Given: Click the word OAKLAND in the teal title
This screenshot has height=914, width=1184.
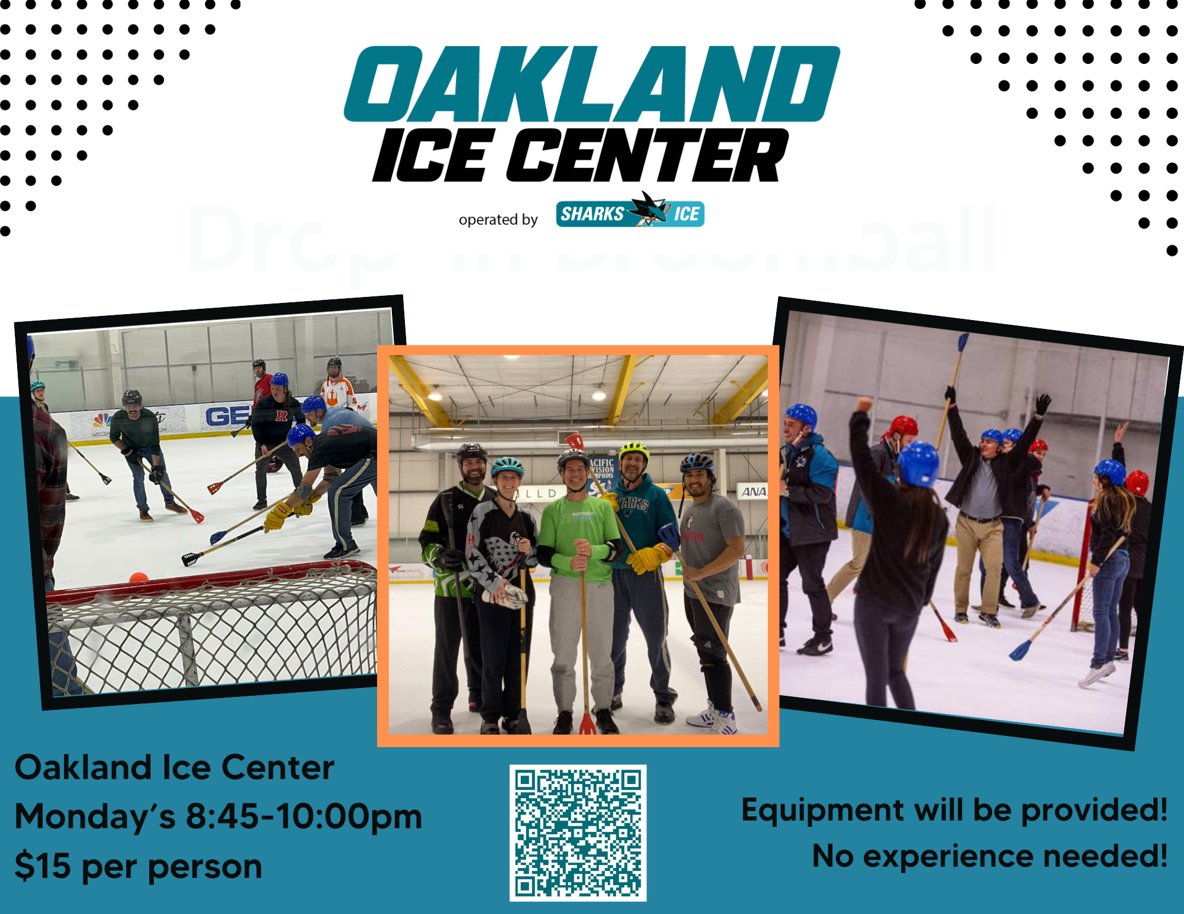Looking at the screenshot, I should pos(592,84).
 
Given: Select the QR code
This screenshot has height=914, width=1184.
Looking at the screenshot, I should pos(578,832).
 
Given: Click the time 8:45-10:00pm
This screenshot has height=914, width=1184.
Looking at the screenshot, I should pos(304,816).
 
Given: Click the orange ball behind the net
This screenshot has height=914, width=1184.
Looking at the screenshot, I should pos(139,577).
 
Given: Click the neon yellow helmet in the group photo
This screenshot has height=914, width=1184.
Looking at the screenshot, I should pos(633,450).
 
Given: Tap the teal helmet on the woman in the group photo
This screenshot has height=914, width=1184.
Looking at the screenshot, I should pos(507,467).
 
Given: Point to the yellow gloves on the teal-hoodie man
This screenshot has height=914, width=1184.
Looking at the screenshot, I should pos(648,558).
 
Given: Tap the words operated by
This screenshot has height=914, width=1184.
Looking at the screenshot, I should pos(498,219).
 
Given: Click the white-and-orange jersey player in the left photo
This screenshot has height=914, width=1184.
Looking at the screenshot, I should pos(337,390).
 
